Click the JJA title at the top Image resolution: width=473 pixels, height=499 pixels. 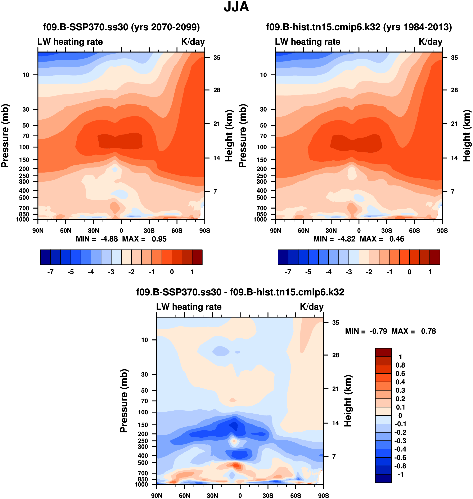[236, 7]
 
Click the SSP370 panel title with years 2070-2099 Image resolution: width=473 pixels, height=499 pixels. [121, 27]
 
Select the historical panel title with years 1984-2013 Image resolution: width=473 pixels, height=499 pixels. [359, 27]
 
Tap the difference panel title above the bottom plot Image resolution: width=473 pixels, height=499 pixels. [240, 292]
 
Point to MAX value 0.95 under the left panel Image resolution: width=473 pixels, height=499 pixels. [159, 239]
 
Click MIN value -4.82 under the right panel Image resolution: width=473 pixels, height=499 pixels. [346, 239]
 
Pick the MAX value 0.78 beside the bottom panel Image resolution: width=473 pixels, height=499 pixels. [428, 331]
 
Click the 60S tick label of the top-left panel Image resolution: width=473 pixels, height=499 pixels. [177, 231]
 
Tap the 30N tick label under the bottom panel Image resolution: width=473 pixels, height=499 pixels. [212, 495]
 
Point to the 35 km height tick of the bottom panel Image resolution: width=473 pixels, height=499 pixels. [335, 323]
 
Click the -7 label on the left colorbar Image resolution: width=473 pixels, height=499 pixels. [50, 272]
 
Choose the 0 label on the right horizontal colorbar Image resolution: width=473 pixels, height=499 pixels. [409, 272]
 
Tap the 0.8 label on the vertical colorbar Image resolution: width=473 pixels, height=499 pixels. [400, 365]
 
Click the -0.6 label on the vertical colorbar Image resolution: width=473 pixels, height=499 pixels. [400, 458]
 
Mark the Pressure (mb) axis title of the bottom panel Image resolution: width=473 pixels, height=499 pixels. [124, 401]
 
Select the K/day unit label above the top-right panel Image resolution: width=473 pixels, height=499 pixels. [430, 42]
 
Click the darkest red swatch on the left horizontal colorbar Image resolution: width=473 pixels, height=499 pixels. [197, 257]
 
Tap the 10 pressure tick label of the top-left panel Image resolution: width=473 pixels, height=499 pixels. [26, 75]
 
